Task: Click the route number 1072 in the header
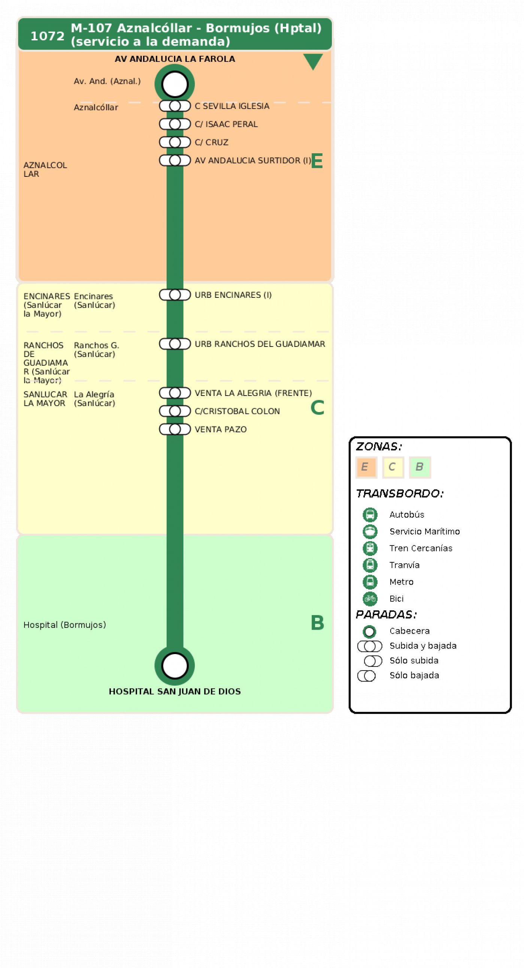(47, 36)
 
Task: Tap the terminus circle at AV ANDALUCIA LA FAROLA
(175, 84)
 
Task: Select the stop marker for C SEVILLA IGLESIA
(175, 106)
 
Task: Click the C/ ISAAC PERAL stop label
(226, 124)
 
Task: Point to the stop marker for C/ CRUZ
(175, 142)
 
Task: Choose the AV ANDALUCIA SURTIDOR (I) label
(253, 160)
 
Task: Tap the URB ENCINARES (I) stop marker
(175, 295)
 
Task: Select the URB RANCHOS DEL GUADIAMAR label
(260, 344)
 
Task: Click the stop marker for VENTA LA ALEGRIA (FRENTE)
(175, 393)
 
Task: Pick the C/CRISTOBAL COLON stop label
(237, 411)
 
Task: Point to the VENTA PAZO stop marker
(175, 429)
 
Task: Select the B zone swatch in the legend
(420, 467)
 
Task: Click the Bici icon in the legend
(370, 599)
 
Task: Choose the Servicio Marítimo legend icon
(370, 531)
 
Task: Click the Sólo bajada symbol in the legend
(367, 676)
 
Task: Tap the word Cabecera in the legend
(409, 631)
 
